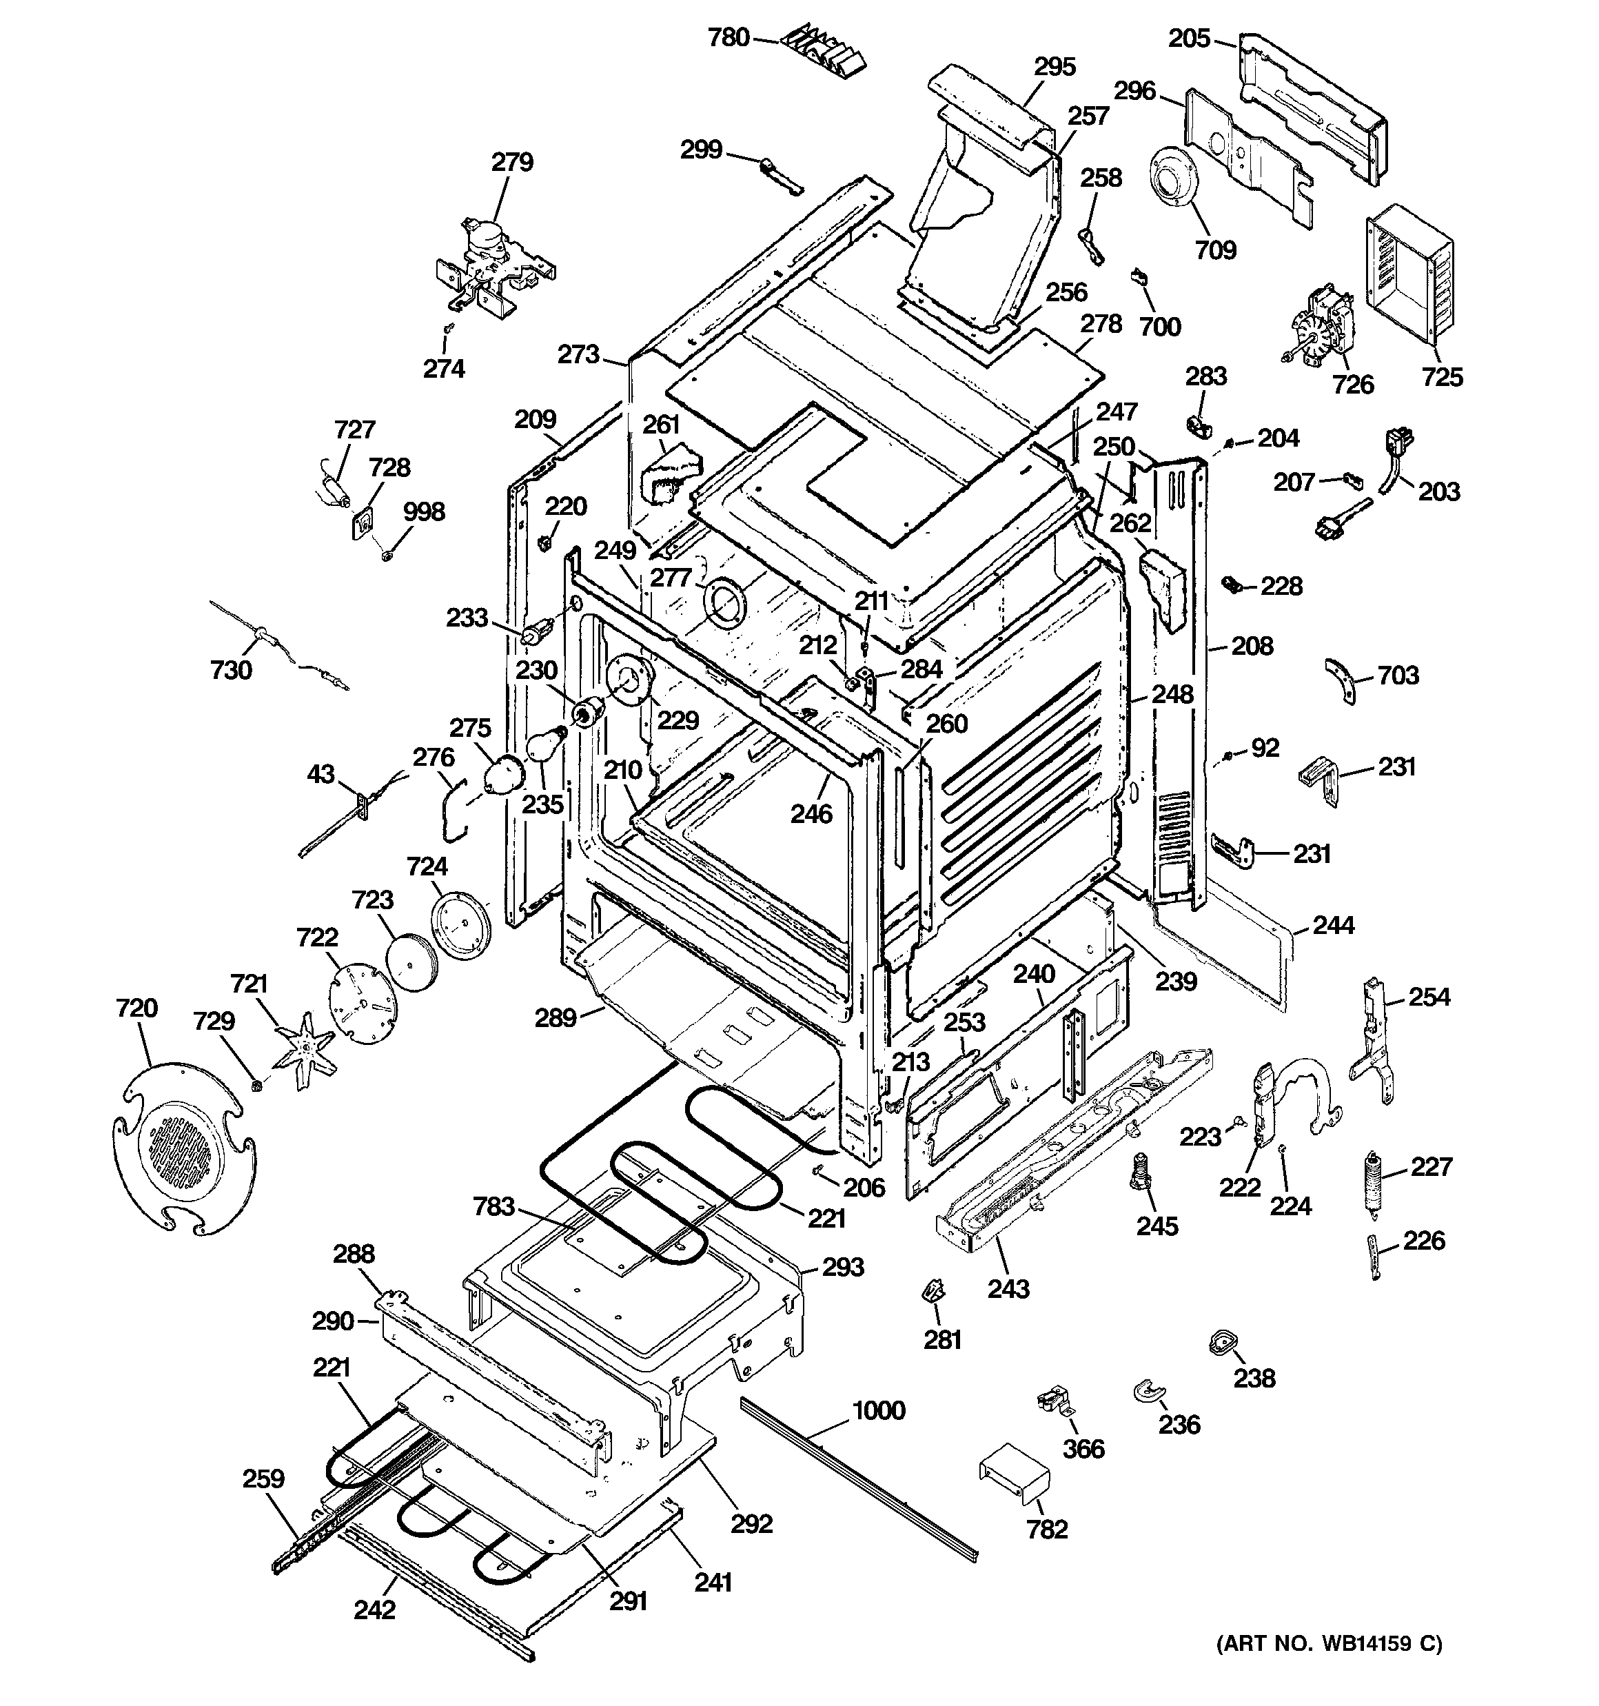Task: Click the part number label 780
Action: [x=728, y=38]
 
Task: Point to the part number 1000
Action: [x=878, y=1410]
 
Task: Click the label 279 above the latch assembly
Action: [x=511, y=161]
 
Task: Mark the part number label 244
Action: [x=1333, y=925]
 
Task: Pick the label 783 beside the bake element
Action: [x=493, y=1206]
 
